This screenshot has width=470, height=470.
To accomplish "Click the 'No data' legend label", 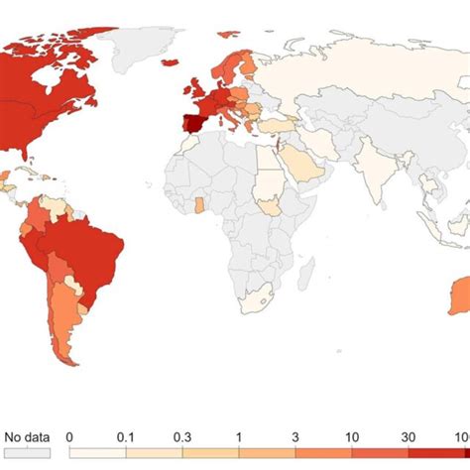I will point(27,435).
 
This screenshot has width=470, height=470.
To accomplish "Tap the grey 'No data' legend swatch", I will point(27,452).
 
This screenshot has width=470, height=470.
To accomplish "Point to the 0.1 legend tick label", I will point(126,435).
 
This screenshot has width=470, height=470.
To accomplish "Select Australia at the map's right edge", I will point(458,297).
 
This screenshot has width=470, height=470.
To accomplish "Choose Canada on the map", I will point(50,69).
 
